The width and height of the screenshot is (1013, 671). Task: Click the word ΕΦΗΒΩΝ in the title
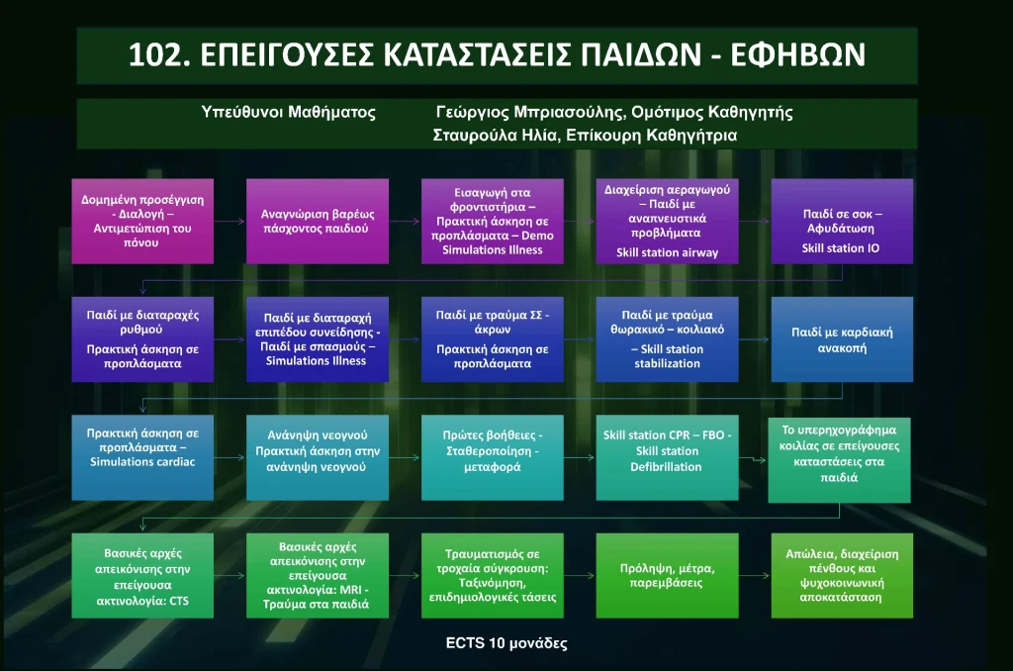tap(798, 55)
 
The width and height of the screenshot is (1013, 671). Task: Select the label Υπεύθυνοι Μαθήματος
tap(288, 113)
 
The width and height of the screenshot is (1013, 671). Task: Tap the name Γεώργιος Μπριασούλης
tap(530, 113)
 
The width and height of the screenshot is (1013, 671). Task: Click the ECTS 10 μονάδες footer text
tap(506, 643)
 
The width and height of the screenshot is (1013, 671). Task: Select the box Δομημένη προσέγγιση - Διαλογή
tap(142, 221)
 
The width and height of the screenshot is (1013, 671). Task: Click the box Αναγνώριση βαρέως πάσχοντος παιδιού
tap(318, 221)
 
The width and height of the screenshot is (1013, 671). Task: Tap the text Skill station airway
tap(667, 252)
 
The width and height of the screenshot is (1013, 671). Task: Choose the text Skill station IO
tap(841, 248)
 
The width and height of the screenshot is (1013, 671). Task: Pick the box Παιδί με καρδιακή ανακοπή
tap(842, 339)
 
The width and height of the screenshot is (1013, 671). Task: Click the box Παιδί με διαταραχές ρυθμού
tap(142, 339)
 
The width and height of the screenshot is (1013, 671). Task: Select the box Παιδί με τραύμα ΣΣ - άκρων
tap(493, 339)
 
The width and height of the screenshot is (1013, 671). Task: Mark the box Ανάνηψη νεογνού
tap(318, 457)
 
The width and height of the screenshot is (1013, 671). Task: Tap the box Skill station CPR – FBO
tap(667, 457)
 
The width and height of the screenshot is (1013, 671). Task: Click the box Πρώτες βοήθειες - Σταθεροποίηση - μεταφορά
tap(493, 457)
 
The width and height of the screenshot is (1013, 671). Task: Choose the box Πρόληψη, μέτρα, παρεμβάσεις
tap(667, 575)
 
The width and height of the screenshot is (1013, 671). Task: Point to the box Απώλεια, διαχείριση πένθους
tap(842, 575)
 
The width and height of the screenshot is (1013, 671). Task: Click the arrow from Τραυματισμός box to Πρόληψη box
tap(580, 575)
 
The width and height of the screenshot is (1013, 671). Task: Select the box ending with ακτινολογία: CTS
tap(142, 575)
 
